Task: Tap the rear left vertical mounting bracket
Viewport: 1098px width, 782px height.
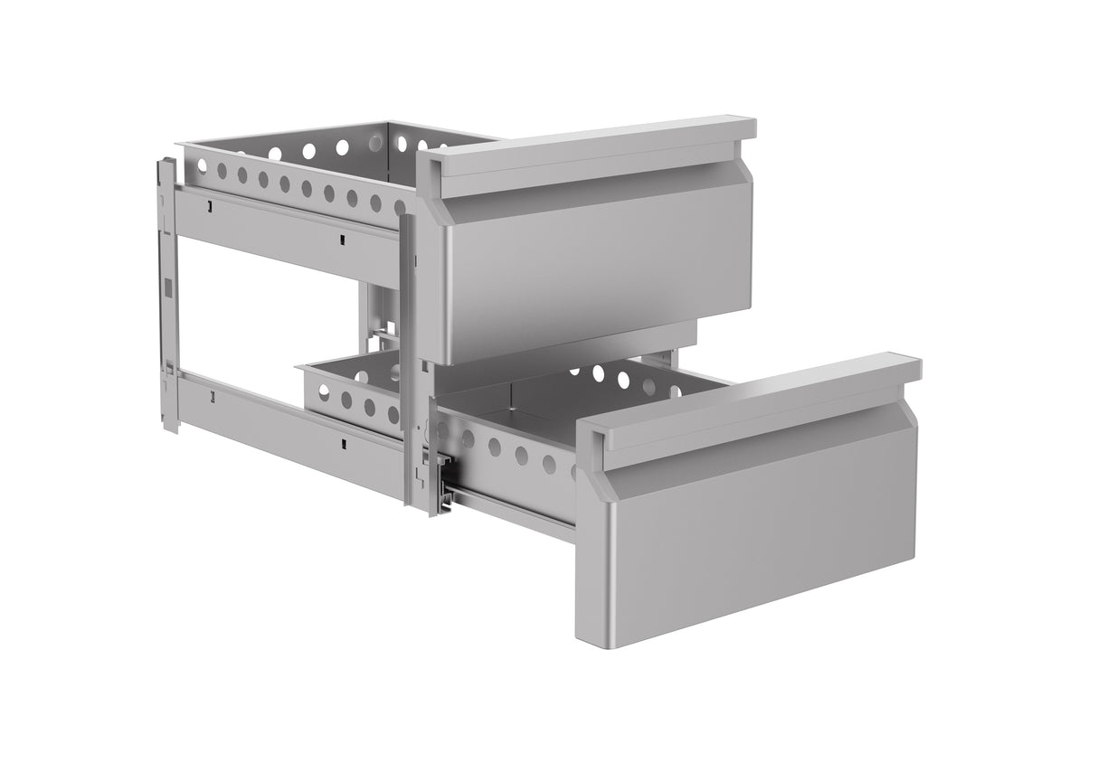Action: [167, 289]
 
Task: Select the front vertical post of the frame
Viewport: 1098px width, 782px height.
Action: [409, 362]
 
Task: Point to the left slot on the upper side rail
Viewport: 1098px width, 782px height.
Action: [210, 207]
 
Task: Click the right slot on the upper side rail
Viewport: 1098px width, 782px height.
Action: [343, 240]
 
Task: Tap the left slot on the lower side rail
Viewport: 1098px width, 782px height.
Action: [213, 395]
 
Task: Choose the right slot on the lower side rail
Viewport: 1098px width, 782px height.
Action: [345, 443]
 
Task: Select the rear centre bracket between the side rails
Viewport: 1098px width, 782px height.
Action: [380, 316]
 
